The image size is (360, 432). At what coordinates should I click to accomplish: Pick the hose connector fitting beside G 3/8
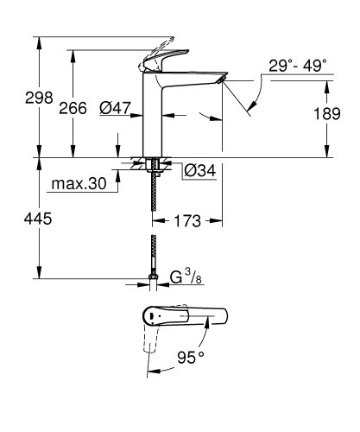[154, 279]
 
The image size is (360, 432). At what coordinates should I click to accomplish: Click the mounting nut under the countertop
[154, 164]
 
